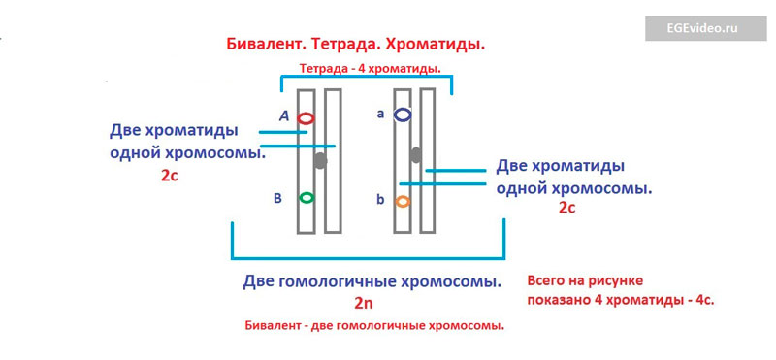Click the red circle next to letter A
tap(299, 118)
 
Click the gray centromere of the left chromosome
tap(321, 160)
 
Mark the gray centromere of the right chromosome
tap(416, 155)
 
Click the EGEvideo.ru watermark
tap(705, 28)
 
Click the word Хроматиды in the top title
tap(434, 45)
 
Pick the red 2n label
tap(363, 303)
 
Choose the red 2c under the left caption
tap(169, 176)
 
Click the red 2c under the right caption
tap(567, 208)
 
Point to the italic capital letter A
tap(283, 115)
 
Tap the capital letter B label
tap(277, 199)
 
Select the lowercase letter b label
tap(380, 201)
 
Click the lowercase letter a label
tap(380, 114)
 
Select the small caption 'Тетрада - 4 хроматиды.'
tap(371, 69)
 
